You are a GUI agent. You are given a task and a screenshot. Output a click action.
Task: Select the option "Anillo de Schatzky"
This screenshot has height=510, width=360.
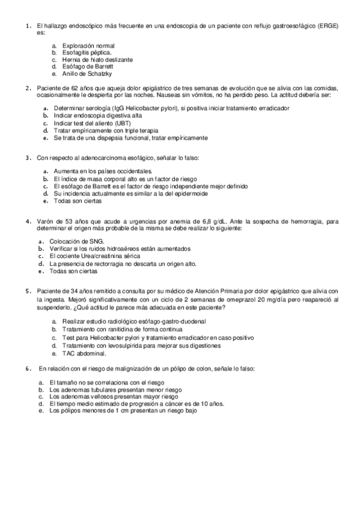[87, 74]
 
